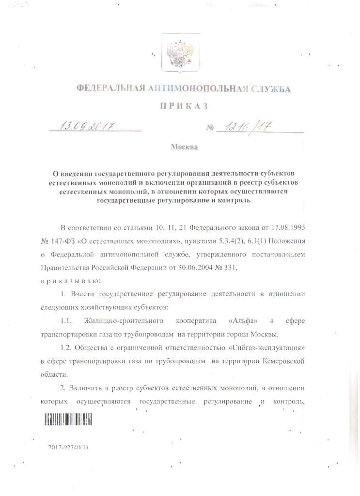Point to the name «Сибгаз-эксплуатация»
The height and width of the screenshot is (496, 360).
(x=259, y=348)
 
